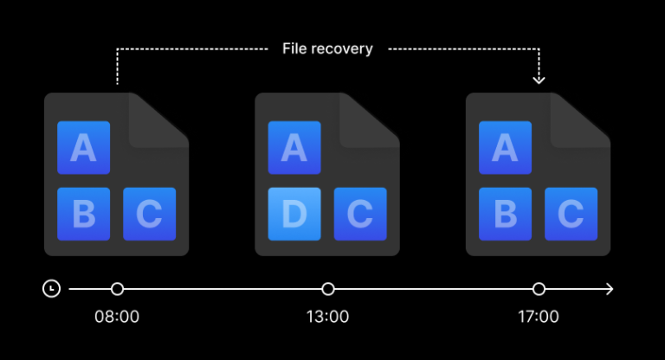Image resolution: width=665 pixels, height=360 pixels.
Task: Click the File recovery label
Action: pos(327,48)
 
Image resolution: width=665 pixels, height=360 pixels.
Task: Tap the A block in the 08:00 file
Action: pos(83,147)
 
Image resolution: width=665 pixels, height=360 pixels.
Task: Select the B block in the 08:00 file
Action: pos(83,214)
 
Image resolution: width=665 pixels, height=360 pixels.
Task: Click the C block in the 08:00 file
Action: pos(149,214)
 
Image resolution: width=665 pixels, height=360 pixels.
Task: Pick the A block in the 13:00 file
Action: pos(294,147)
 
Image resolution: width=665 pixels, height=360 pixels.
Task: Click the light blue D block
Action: pos(294,214)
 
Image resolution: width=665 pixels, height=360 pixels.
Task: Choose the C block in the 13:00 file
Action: pos(360,214)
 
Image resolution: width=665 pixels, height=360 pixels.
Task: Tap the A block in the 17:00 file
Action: pos(505,147)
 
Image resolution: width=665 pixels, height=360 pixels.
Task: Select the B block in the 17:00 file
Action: pos(505,214)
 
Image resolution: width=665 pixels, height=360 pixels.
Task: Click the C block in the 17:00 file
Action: pos(571,214)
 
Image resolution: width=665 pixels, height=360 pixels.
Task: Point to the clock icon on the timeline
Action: pos(51,288)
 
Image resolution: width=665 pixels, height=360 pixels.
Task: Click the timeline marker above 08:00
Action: pos(117,288)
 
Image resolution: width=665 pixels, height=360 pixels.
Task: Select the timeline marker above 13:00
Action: pos(327,288)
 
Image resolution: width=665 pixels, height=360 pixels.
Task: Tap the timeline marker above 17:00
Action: pos(539,288)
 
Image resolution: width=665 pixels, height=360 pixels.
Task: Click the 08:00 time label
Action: pos(117,317)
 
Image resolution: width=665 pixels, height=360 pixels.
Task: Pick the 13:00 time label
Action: pos(327,317)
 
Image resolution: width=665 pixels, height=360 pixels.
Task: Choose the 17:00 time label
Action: pos(539,317)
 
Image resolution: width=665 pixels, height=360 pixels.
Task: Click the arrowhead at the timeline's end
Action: pos(610,288)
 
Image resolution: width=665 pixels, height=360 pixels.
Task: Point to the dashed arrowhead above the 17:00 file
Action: pos(539,80)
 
